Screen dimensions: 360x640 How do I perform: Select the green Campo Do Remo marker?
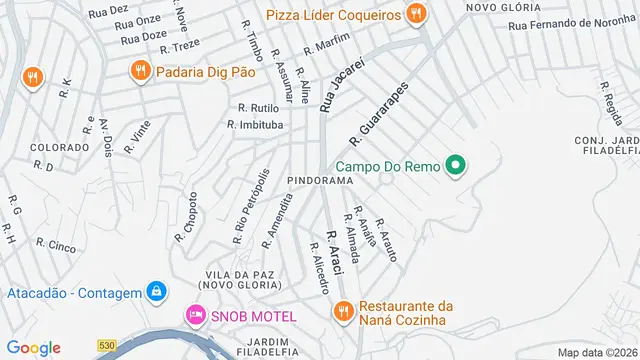[456, 165]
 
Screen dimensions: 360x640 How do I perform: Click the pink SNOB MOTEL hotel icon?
[194, 315]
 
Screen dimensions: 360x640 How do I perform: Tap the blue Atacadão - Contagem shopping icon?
[156, 291]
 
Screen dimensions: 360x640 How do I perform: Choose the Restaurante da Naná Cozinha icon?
[342, 312]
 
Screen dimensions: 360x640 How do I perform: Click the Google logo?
[34, 347]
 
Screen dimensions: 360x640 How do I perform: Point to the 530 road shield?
[107, 346]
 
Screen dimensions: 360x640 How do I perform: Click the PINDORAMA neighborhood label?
[321, 180]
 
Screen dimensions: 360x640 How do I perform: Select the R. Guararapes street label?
[380, 111]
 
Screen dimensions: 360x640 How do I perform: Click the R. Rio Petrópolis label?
[251, 207]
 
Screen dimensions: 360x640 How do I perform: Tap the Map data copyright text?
[597, 352]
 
